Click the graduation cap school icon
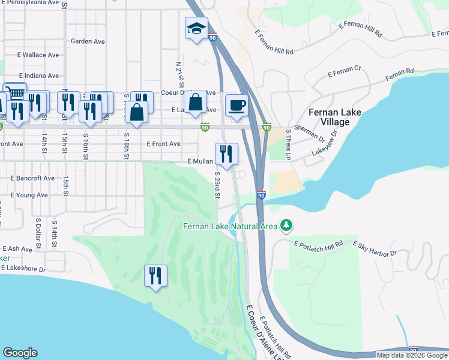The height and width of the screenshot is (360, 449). (196, 28)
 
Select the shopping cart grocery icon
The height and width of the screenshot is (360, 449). (15, 93)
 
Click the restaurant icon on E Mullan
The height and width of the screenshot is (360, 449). (226, 154)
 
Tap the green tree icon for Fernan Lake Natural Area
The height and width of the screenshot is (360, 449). (287, 226)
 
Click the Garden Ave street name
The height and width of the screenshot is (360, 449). (88, 41)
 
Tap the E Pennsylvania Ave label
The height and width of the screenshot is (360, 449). (31, 3)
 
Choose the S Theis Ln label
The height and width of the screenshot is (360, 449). (289, 145)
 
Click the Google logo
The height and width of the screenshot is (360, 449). (20, 352)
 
